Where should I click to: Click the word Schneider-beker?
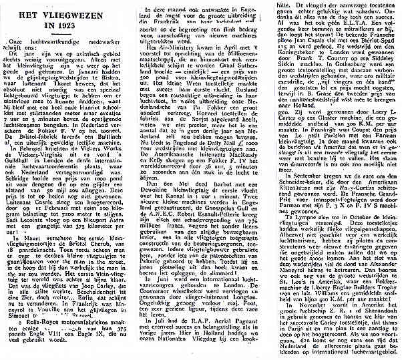[298, 215]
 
